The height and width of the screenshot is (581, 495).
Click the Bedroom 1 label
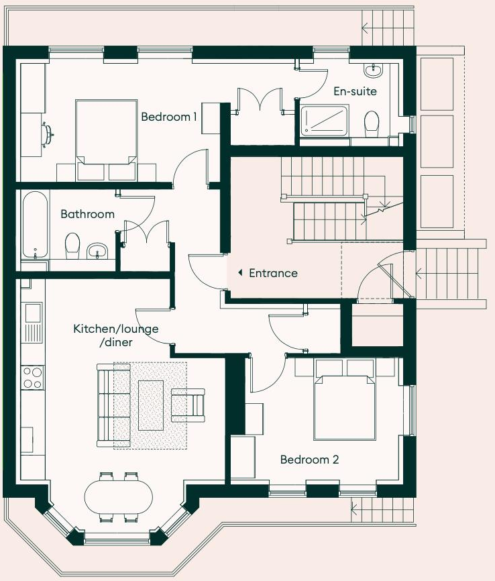point(168,117)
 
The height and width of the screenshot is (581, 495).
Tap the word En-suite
point(355,91)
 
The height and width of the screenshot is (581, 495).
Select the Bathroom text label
point(87,215)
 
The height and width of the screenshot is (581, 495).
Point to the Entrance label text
point(273,273)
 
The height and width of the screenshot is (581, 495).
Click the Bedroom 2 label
point(309,460)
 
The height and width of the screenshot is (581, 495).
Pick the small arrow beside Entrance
point(239,273)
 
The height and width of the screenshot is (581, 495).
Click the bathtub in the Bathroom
point(35,225)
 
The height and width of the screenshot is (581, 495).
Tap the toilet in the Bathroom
point(72,246)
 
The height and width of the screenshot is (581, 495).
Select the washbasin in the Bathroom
point(97,250)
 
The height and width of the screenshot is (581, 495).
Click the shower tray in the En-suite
point(324,121)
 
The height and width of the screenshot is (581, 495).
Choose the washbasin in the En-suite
point(372,69)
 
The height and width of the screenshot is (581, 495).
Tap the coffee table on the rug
point(150,405)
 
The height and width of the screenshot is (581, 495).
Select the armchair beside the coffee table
point(188,405)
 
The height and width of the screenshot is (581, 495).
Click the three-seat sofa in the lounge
point(105,405)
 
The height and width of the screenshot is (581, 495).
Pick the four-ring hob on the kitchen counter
point(31,377)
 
